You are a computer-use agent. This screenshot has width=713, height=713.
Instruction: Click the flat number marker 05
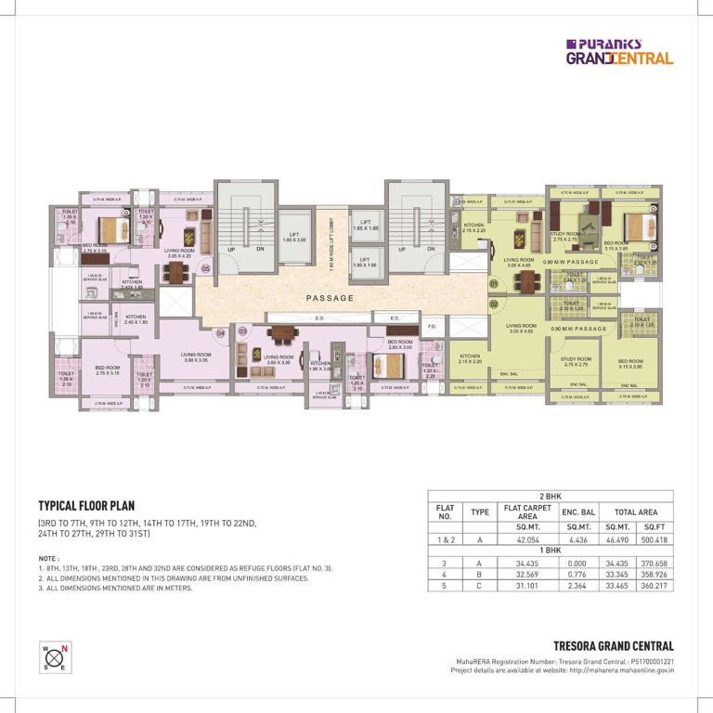(205, 270)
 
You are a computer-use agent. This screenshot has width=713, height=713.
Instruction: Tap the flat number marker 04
(220, 332)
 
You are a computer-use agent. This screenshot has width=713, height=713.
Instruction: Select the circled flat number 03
(242, 331)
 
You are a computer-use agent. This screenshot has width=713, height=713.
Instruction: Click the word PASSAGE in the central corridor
(330, 298)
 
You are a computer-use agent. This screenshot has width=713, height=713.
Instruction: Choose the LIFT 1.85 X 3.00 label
(294, 237)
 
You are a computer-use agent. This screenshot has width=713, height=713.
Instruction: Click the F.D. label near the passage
(432, 327)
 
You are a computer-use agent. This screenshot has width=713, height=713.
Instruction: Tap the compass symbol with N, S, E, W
(52, 656)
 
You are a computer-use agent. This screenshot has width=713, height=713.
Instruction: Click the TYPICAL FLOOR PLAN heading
(89, 507)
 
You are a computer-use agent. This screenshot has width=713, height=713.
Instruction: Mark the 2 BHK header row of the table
(550, 497)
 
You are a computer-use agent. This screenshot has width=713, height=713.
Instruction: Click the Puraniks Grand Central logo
(619, 51)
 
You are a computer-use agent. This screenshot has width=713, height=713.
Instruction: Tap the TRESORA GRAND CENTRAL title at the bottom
(613, 645)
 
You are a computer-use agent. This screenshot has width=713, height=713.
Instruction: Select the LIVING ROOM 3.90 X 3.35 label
(201, 356)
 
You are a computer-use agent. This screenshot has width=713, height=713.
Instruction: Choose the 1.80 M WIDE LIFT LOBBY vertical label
(331, 245)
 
